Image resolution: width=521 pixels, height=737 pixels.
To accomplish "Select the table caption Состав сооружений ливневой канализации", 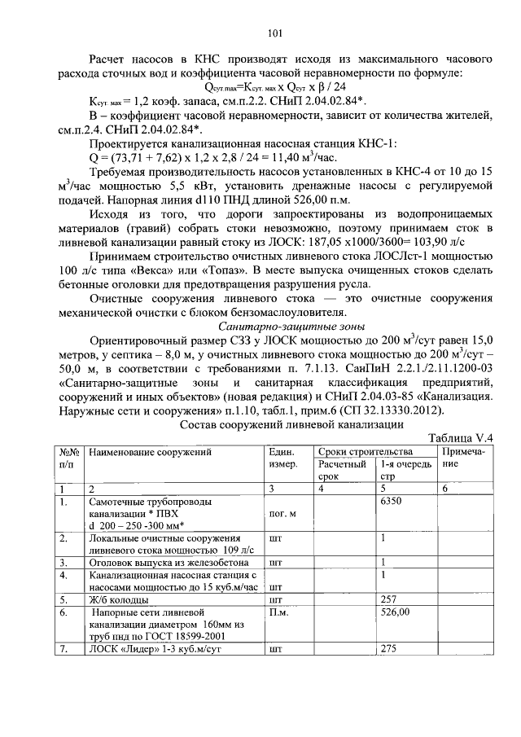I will tap(291, 425).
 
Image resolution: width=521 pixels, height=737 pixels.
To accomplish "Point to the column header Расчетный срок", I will tap(340, 469).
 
